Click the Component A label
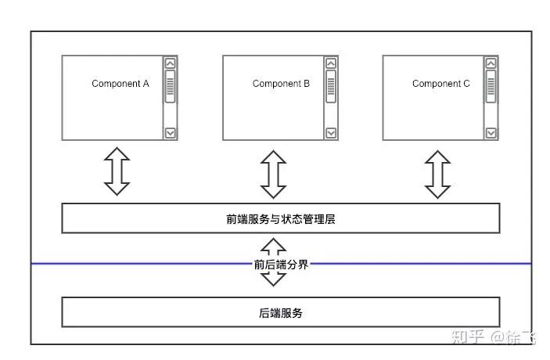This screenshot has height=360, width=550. pyautogui.click(x=120, y=84)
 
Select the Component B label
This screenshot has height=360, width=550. pyautogui.click(x=281, y=84)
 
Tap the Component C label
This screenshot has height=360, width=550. pyautogui.click(x=441, y=84)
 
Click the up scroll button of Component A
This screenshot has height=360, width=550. pyautogui.click(x=171, y=63)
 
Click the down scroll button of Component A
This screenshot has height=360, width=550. pyautogui.click(x=171, y=133)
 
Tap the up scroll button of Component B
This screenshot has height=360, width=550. pyautogui.click(x=331, y=63)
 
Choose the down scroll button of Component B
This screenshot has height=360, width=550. pyautogui.click(x=331, y=133)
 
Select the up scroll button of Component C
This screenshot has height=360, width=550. pyautogui.click(x=491, y=63)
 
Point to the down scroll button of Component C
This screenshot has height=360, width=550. pyautogui.click(x=491, y=133)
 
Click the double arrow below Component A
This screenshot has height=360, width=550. pyautogui.click(x=117, y=171)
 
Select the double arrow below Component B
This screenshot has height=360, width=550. pyautogui.click(x=273, y=174)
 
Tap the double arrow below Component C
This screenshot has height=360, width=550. pyautogui.click(x=437, y=174)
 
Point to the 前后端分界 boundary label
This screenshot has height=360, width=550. pyautogui.click(x=281, y=265)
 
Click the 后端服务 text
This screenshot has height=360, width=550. pyautogui.click(x=281, y=313)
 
